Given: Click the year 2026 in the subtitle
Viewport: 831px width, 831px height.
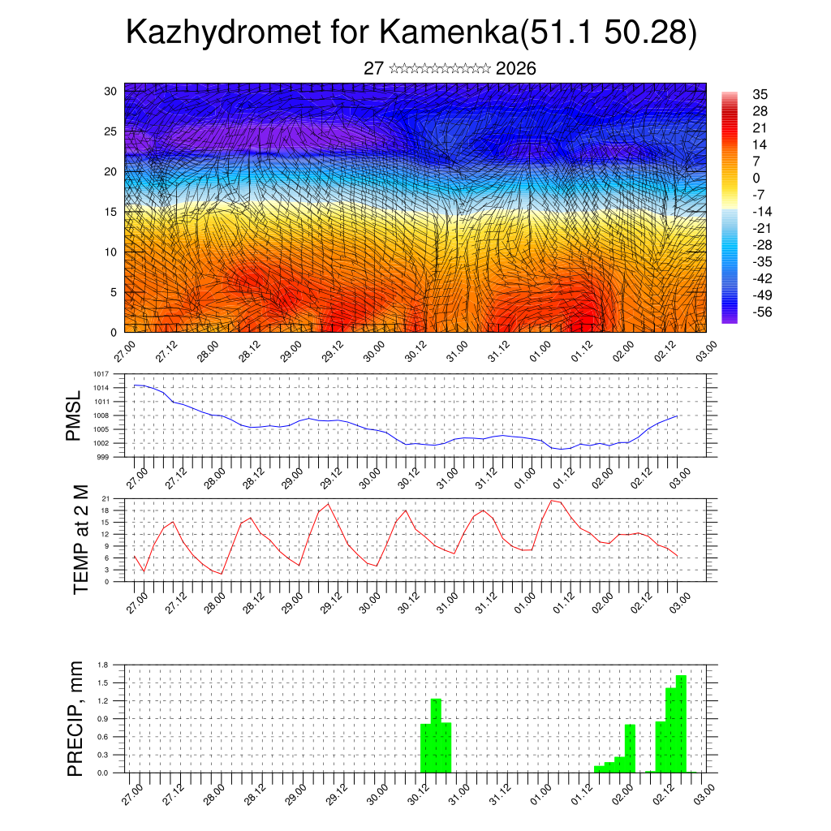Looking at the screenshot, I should (515, 68).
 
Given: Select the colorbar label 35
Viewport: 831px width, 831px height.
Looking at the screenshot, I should (760, 94).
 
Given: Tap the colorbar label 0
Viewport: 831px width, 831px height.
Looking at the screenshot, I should (756, 178).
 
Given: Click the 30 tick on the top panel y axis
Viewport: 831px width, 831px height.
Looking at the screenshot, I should (110, 91).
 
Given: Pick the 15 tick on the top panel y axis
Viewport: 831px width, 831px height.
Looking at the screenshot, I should (110, 212).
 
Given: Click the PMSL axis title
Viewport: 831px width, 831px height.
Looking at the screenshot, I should (74, 415).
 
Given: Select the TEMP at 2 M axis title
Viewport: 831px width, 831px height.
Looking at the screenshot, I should (80, 539).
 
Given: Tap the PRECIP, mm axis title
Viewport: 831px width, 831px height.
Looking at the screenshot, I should (75, 718).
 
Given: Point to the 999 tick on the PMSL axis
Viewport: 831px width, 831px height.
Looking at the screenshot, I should (103, 457).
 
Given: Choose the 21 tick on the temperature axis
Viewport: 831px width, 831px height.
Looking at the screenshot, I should (105, 498).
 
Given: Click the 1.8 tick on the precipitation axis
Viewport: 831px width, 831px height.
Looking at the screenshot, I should (103, 665).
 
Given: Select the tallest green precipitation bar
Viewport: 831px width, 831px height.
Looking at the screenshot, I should (681, 722).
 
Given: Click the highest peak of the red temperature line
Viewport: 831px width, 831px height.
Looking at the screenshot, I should (553, 501).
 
